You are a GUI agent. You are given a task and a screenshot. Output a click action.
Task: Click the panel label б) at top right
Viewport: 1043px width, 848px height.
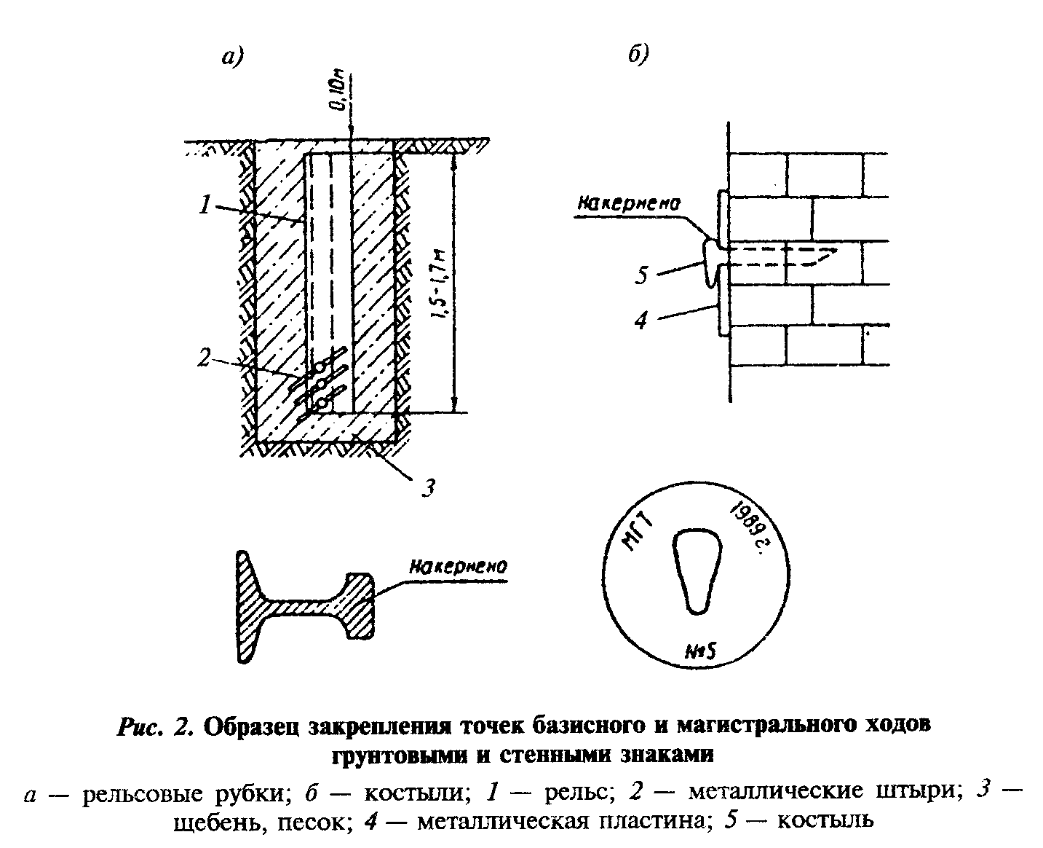click(x=638, y=56)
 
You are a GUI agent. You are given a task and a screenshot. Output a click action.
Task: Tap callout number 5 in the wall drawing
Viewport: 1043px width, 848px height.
click(x=641, y=275)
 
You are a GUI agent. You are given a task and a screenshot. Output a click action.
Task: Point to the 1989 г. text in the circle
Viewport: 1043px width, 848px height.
click(x=747, y=527)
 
